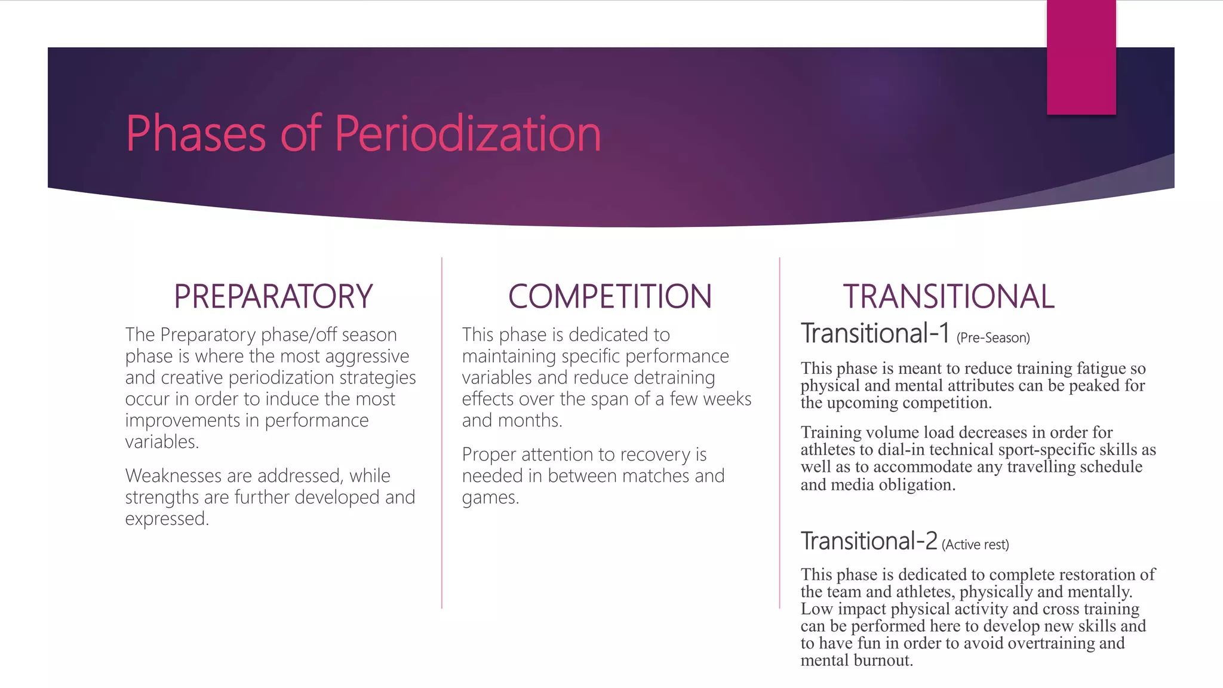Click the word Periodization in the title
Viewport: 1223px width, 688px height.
pyautogui.click(x=468, y=134)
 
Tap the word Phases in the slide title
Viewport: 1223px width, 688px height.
pyautogui.click(x=195, y=134)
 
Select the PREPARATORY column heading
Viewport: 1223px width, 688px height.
pyautogui.click(x=273, y=296)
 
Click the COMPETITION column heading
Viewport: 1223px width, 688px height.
pyautogui.click(x=610, y=296)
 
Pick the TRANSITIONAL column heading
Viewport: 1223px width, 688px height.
pyautogui.click(x=948, y=296)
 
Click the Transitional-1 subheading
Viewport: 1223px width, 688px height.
pyautogui.click(x=875, y=333)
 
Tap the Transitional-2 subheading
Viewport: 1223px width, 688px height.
pyautogui.click(x=869, y=541)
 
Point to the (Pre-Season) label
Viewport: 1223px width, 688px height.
pyautogui.click(x=993, y=338)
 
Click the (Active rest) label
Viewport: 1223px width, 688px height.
pyautogui.click(x=975, y=545)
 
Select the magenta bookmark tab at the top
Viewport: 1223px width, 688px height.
pyautogui.click(x=1081, y=57)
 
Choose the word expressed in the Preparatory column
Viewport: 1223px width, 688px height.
pyautogui.click(x=167, y=519)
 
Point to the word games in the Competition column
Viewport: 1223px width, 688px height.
pyautogui.click(x=490, y=497)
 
